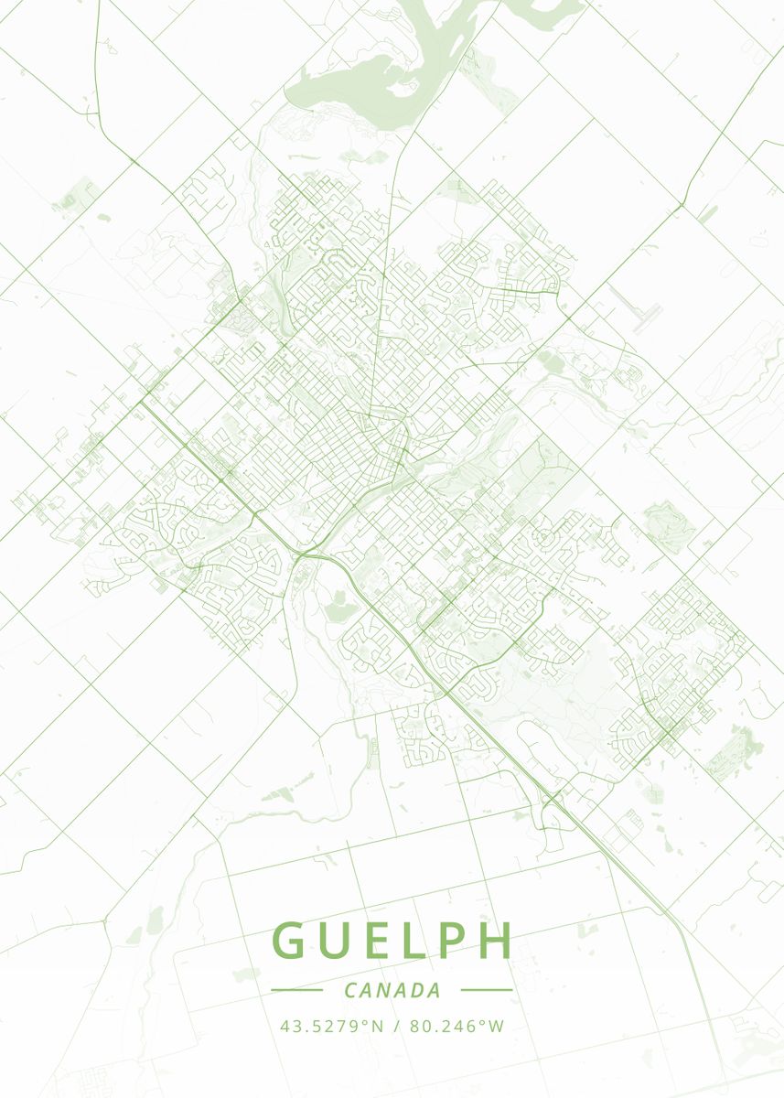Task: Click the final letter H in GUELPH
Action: pyautogui.click(x=494, y=941)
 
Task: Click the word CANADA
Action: pyautogui.click(x=392, y=990)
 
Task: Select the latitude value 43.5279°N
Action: pyautogui.click(x=332, y=1026)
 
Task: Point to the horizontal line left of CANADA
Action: pyautogui.click(x=297, y=990)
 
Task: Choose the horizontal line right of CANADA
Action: pyautogui.click(x=487, y=990)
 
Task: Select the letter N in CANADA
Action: pyautogui.click(x=389, y=990)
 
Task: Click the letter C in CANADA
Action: pyautogui.click(x=351, y=990)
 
